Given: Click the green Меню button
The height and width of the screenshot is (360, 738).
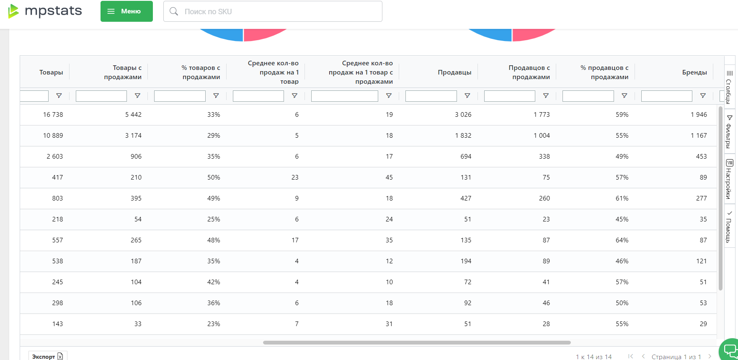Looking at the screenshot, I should [x=126, y=11].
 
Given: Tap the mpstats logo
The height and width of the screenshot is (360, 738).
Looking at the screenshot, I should [x=45, y=11].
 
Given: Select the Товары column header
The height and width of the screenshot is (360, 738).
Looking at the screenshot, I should [x=51, y=72].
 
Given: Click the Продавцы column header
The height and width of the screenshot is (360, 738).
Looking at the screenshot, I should [x=454, y=72].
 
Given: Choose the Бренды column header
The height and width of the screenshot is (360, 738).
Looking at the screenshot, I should [x=694, y=72].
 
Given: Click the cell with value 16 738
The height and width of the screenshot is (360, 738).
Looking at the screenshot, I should [x=53, y=115].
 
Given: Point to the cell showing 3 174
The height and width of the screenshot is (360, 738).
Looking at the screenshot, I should [x=133, y=136].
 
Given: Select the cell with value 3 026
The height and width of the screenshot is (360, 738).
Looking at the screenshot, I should [x=463, y=115].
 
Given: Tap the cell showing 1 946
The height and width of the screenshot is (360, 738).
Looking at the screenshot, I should [x=699, y=115].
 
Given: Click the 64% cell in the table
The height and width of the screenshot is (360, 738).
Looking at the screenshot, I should [x=622, y=240].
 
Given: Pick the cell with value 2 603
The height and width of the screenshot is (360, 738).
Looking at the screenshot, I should [x=55, y=157].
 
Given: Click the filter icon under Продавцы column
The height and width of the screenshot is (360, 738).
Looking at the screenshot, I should [x=467, y=96].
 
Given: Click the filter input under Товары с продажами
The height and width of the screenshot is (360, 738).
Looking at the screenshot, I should [x=101, y=96].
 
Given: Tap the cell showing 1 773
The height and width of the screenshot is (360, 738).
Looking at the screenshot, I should [x=542, y=115].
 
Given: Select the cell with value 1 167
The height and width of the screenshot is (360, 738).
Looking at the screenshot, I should [x=699, y=136].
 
